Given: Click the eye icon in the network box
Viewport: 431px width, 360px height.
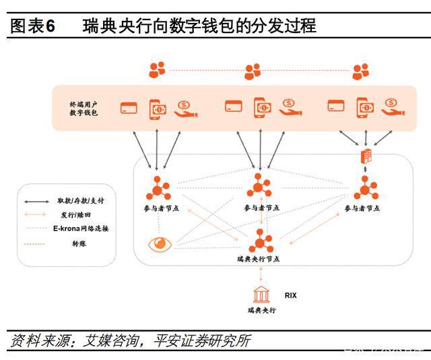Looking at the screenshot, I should coord(160,244).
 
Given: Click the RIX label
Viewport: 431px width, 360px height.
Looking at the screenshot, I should coord(290,295).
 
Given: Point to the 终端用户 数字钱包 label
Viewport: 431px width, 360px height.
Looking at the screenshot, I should coord(84,108).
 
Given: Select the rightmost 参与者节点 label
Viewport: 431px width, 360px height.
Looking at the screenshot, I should coord(366,209).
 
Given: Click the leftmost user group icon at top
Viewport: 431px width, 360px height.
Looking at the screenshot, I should coord(157,69).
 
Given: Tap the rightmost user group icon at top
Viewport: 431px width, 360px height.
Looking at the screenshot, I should coord(361,70).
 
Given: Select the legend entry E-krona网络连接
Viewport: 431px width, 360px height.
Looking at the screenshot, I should coord(81,229).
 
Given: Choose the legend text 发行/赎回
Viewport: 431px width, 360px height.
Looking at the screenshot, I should coord(74,214).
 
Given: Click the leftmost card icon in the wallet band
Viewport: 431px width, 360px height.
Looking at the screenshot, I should coord(129,107).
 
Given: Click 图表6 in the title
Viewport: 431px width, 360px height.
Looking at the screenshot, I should coord(33,26).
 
